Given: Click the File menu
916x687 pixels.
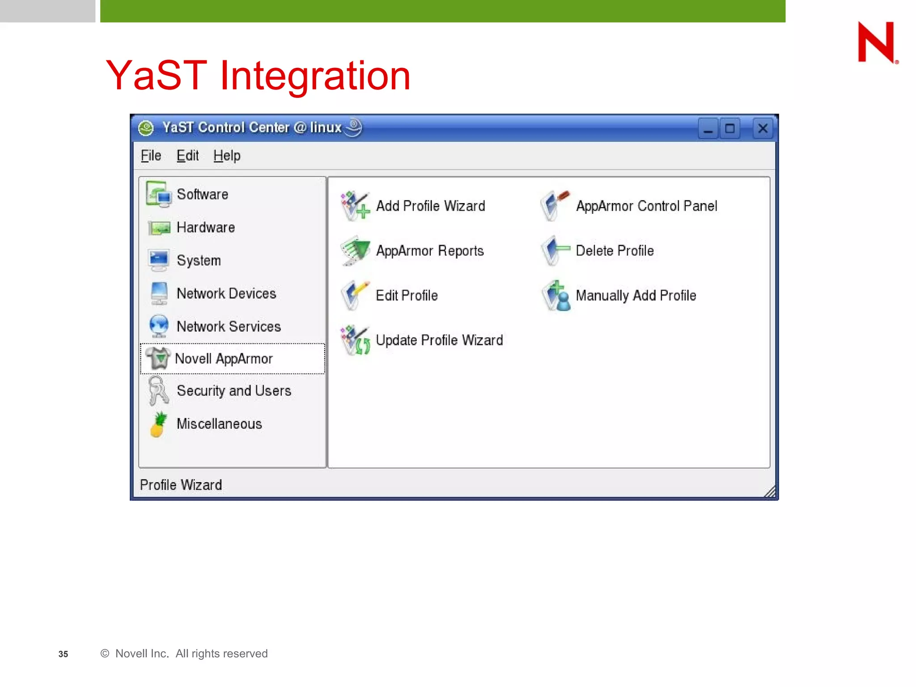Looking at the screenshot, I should [x=151, y=156].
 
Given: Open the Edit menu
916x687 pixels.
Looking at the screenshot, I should [x=187, y=156].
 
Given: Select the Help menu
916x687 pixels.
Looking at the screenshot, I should [x=227, y=156].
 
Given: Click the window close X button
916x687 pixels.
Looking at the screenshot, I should [x=763, y=129].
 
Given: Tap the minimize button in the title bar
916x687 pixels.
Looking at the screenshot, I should [x=708, y=129].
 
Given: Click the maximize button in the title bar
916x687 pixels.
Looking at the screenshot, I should [x=730, y=129].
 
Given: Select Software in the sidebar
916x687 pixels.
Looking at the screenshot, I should [x=202, y=195].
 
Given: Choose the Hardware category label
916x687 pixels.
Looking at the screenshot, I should [x=206, y=228].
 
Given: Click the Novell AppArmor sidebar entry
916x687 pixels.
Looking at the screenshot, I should [x=224, y=359].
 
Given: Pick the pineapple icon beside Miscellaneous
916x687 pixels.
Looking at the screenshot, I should [x=158, y=424].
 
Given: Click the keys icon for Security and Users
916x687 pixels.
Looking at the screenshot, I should [x=158, y=390].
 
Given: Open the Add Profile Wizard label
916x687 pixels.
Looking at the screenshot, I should [x=430, y=206].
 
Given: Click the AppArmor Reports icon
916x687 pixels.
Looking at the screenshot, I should [x=355, y=250].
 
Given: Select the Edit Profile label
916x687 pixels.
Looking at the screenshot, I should [x=407, y=296].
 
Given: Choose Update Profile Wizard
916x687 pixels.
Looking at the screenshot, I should [x=439, y=340].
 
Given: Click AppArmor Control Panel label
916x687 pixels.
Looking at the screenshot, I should [x=646, y=206].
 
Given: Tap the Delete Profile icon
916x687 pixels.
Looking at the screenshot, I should [x=555, y=250].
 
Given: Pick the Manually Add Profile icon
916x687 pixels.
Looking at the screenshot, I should [x=556, y=296].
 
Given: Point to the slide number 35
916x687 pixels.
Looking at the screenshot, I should [x=63, y=654].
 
